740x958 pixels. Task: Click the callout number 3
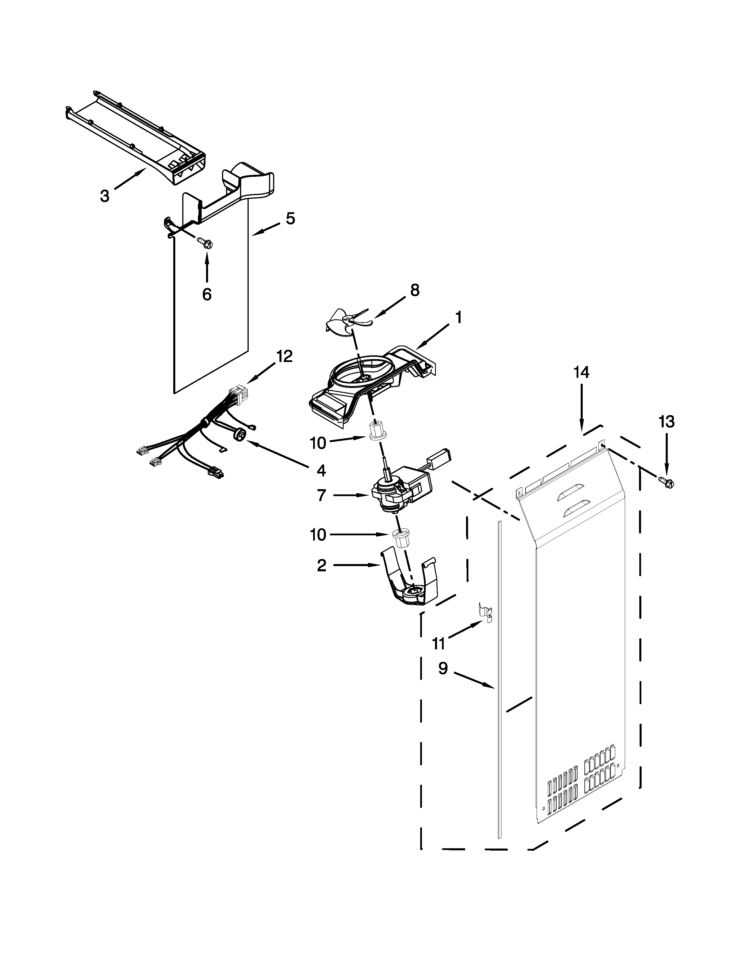click(x=104, y=196)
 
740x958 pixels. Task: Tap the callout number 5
click(x=290, y=218)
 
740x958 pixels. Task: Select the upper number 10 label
click(x=318, y=444)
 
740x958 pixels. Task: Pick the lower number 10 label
click(x=318, y=535)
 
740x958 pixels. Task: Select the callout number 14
click(x=581, y=372)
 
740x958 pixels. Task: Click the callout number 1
click(x=458, y=317)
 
